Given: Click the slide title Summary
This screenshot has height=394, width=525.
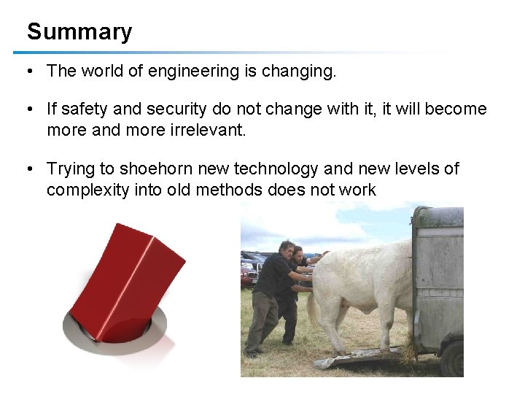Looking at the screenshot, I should pos(79,32).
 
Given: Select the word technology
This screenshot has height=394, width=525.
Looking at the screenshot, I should pos(277,169).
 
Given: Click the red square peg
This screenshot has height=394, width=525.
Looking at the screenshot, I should pos(124,277).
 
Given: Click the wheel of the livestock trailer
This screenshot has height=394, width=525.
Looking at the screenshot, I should pos(453,358).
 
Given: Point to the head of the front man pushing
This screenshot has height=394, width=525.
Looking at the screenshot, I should pos(287,247).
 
